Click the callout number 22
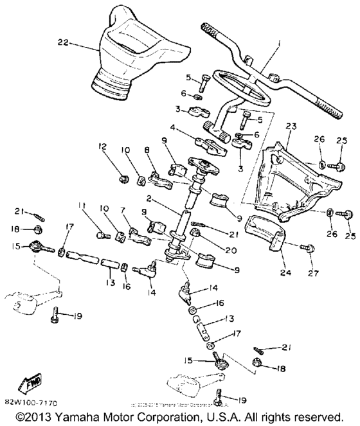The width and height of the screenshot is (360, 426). point(62,43)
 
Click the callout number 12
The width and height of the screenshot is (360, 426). point(102,148)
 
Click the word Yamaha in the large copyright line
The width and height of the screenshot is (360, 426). point(91,416)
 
